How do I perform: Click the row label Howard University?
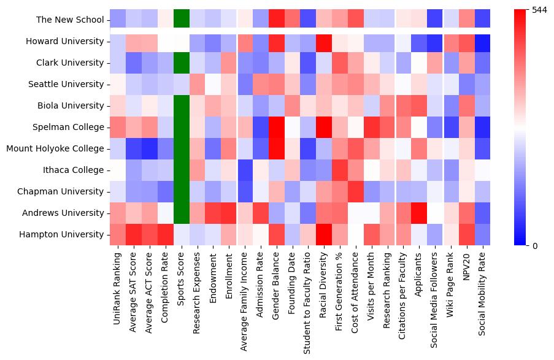point(64,41)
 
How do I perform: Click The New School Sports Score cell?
point(182,20)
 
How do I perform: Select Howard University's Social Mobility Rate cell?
point(483,41)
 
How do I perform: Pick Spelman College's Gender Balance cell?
point(277,127)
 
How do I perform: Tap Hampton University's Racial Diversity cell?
point(325,234)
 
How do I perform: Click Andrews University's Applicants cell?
point(420,213)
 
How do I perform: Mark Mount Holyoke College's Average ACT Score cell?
point(150,148)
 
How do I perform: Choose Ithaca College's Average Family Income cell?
point(245,170)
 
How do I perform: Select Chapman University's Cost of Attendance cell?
point(356,191)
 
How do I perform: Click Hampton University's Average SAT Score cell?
point(134,234)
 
